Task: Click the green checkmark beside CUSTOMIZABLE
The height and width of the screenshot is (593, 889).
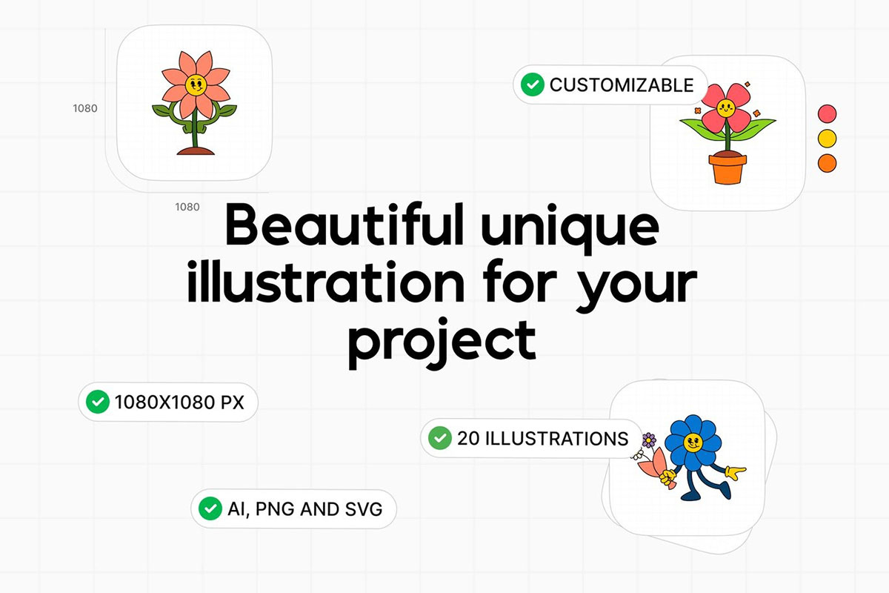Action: coord(532,85)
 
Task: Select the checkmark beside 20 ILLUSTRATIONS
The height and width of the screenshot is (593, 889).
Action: coord(440,437)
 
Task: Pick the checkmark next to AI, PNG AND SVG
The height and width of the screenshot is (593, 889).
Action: coord(210,508)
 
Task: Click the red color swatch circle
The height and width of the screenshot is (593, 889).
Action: coord(827,113)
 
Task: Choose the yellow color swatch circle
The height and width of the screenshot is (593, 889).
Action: coord(827,138)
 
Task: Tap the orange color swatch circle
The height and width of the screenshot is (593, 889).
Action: coord(827,163)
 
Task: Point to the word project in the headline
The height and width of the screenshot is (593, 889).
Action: coord(442,344)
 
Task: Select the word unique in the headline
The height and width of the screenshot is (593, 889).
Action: coord(570,231)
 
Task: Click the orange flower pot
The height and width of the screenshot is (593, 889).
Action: coord(727,168)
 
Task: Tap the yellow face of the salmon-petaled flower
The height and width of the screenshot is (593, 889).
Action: coord(196,85)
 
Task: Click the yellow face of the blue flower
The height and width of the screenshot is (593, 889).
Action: coord(693,442)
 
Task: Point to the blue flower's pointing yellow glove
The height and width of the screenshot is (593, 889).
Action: coord(736,473)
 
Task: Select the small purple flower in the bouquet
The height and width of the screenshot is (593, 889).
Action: coord(649,440)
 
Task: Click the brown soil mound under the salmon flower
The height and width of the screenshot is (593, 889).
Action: coord(196,151)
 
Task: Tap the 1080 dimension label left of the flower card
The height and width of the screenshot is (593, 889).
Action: coord(85,108)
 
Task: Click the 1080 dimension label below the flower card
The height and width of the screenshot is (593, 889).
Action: coord(187,207)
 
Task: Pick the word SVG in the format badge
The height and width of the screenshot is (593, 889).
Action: coord(364,509)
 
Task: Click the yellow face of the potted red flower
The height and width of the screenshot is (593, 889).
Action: coord(726,107)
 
